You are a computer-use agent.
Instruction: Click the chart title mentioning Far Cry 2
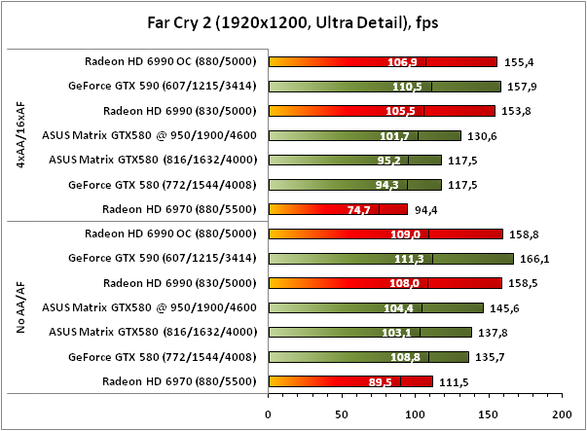[293, 18]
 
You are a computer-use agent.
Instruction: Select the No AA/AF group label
[19, 306]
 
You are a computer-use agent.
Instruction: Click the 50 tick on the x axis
[342, 413]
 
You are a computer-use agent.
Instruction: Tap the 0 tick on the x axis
[269, 413]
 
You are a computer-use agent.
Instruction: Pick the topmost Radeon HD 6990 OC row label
[169, 61]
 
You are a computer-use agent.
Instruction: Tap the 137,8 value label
[492, 332]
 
